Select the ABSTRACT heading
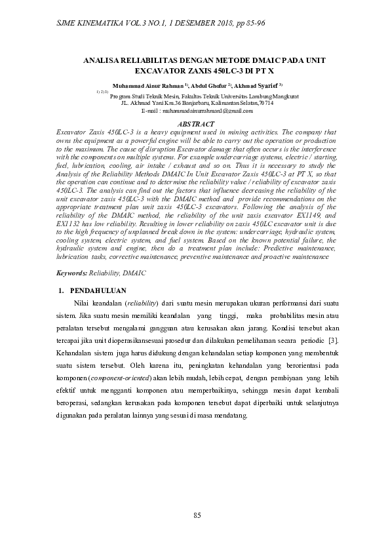click(x=196, y=124)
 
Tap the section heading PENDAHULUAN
click(x=98, y=290)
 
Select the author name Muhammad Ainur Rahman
click(x=149, y=86)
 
